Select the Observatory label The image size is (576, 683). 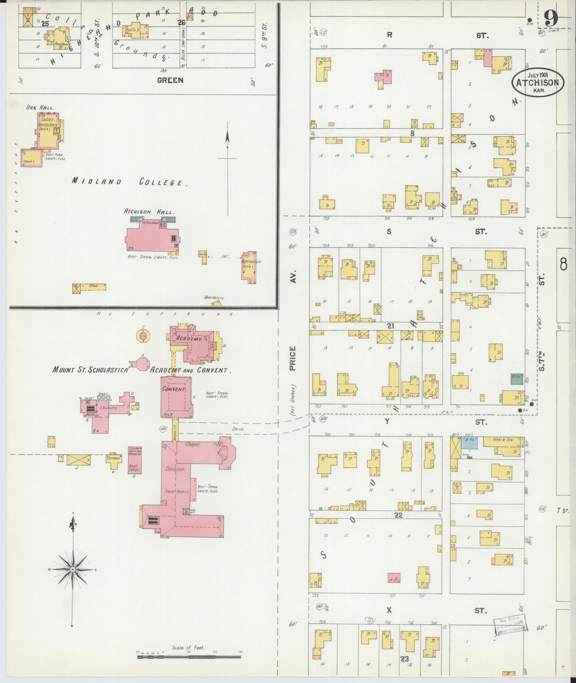(214, 297)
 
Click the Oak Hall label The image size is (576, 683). (40, 107)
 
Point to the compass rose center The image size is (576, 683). (73, 570)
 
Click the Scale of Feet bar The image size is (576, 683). (189, 656)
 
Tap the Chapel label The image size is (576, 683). (193, 444)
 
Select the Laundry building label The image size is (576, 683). (108, 408)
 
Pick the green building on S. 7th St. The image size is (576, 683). (517, 379)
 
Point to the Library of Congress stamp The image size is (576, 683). (510, 629)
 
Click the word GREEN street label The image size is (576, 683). (170, 80)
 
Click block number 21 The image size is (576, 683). (391, 326)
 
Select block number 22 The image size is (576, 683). (398, 515)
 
